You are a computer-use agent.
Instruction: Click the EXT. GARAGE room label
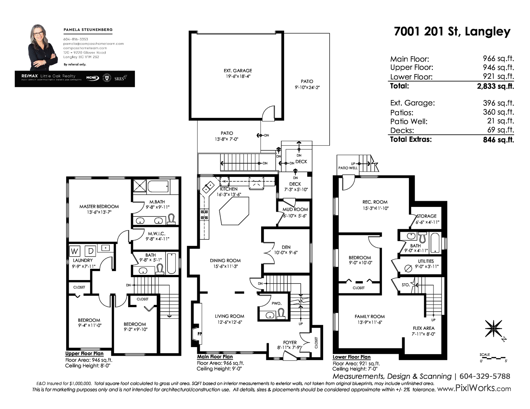(238, 71)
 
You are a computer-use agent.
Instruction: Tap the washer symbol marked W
(74, 251)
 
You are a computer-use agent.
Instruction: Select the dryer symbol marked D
(90, 251)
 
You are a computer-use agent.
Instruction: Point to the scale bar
(493, 358)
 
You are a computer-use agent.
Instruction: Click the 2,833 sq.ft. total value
(495, 86)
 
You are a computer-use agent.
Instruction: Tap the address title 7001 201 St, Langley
(452, 32)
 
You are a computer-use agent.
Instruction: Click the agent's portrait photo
(43, 48)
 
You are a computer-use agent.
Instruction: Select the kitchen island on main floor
(234, 211)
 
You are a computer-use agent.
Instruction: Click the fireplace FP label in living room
(200, 334)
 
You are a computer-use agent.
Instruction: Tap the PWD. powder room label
(277, 303)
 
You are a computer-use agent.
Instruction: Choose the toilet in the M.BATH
(171, 219)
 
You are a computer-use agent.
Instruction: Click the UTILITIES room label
(426, 261)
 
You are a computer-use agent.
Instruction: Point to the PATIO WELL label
(348, 168)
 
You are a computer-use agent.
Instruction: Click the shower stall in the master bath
(139, 186)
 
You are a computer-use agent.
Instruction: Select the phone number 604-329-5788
(485, 376)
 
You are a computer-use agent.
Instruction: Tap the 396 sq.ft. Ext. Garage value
(498, 103)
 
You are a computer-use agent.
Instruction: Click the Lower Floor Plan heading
(351, 357)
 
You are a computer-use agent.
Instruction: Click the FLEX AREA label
(424, 328)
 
